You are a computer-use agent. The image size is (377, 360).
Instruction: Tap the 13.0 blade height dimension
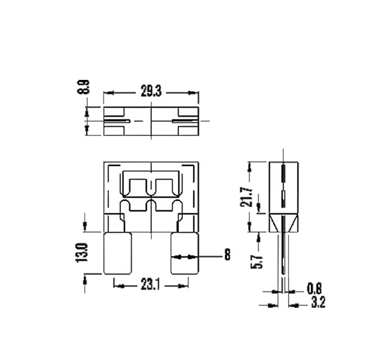click(x=82, y=253)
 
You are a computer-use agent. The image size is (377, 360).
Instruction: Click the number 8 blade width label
click(x=227, y=256)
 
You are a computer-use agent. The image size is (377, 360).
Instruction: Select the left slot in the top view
click(x=118, y=121)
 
